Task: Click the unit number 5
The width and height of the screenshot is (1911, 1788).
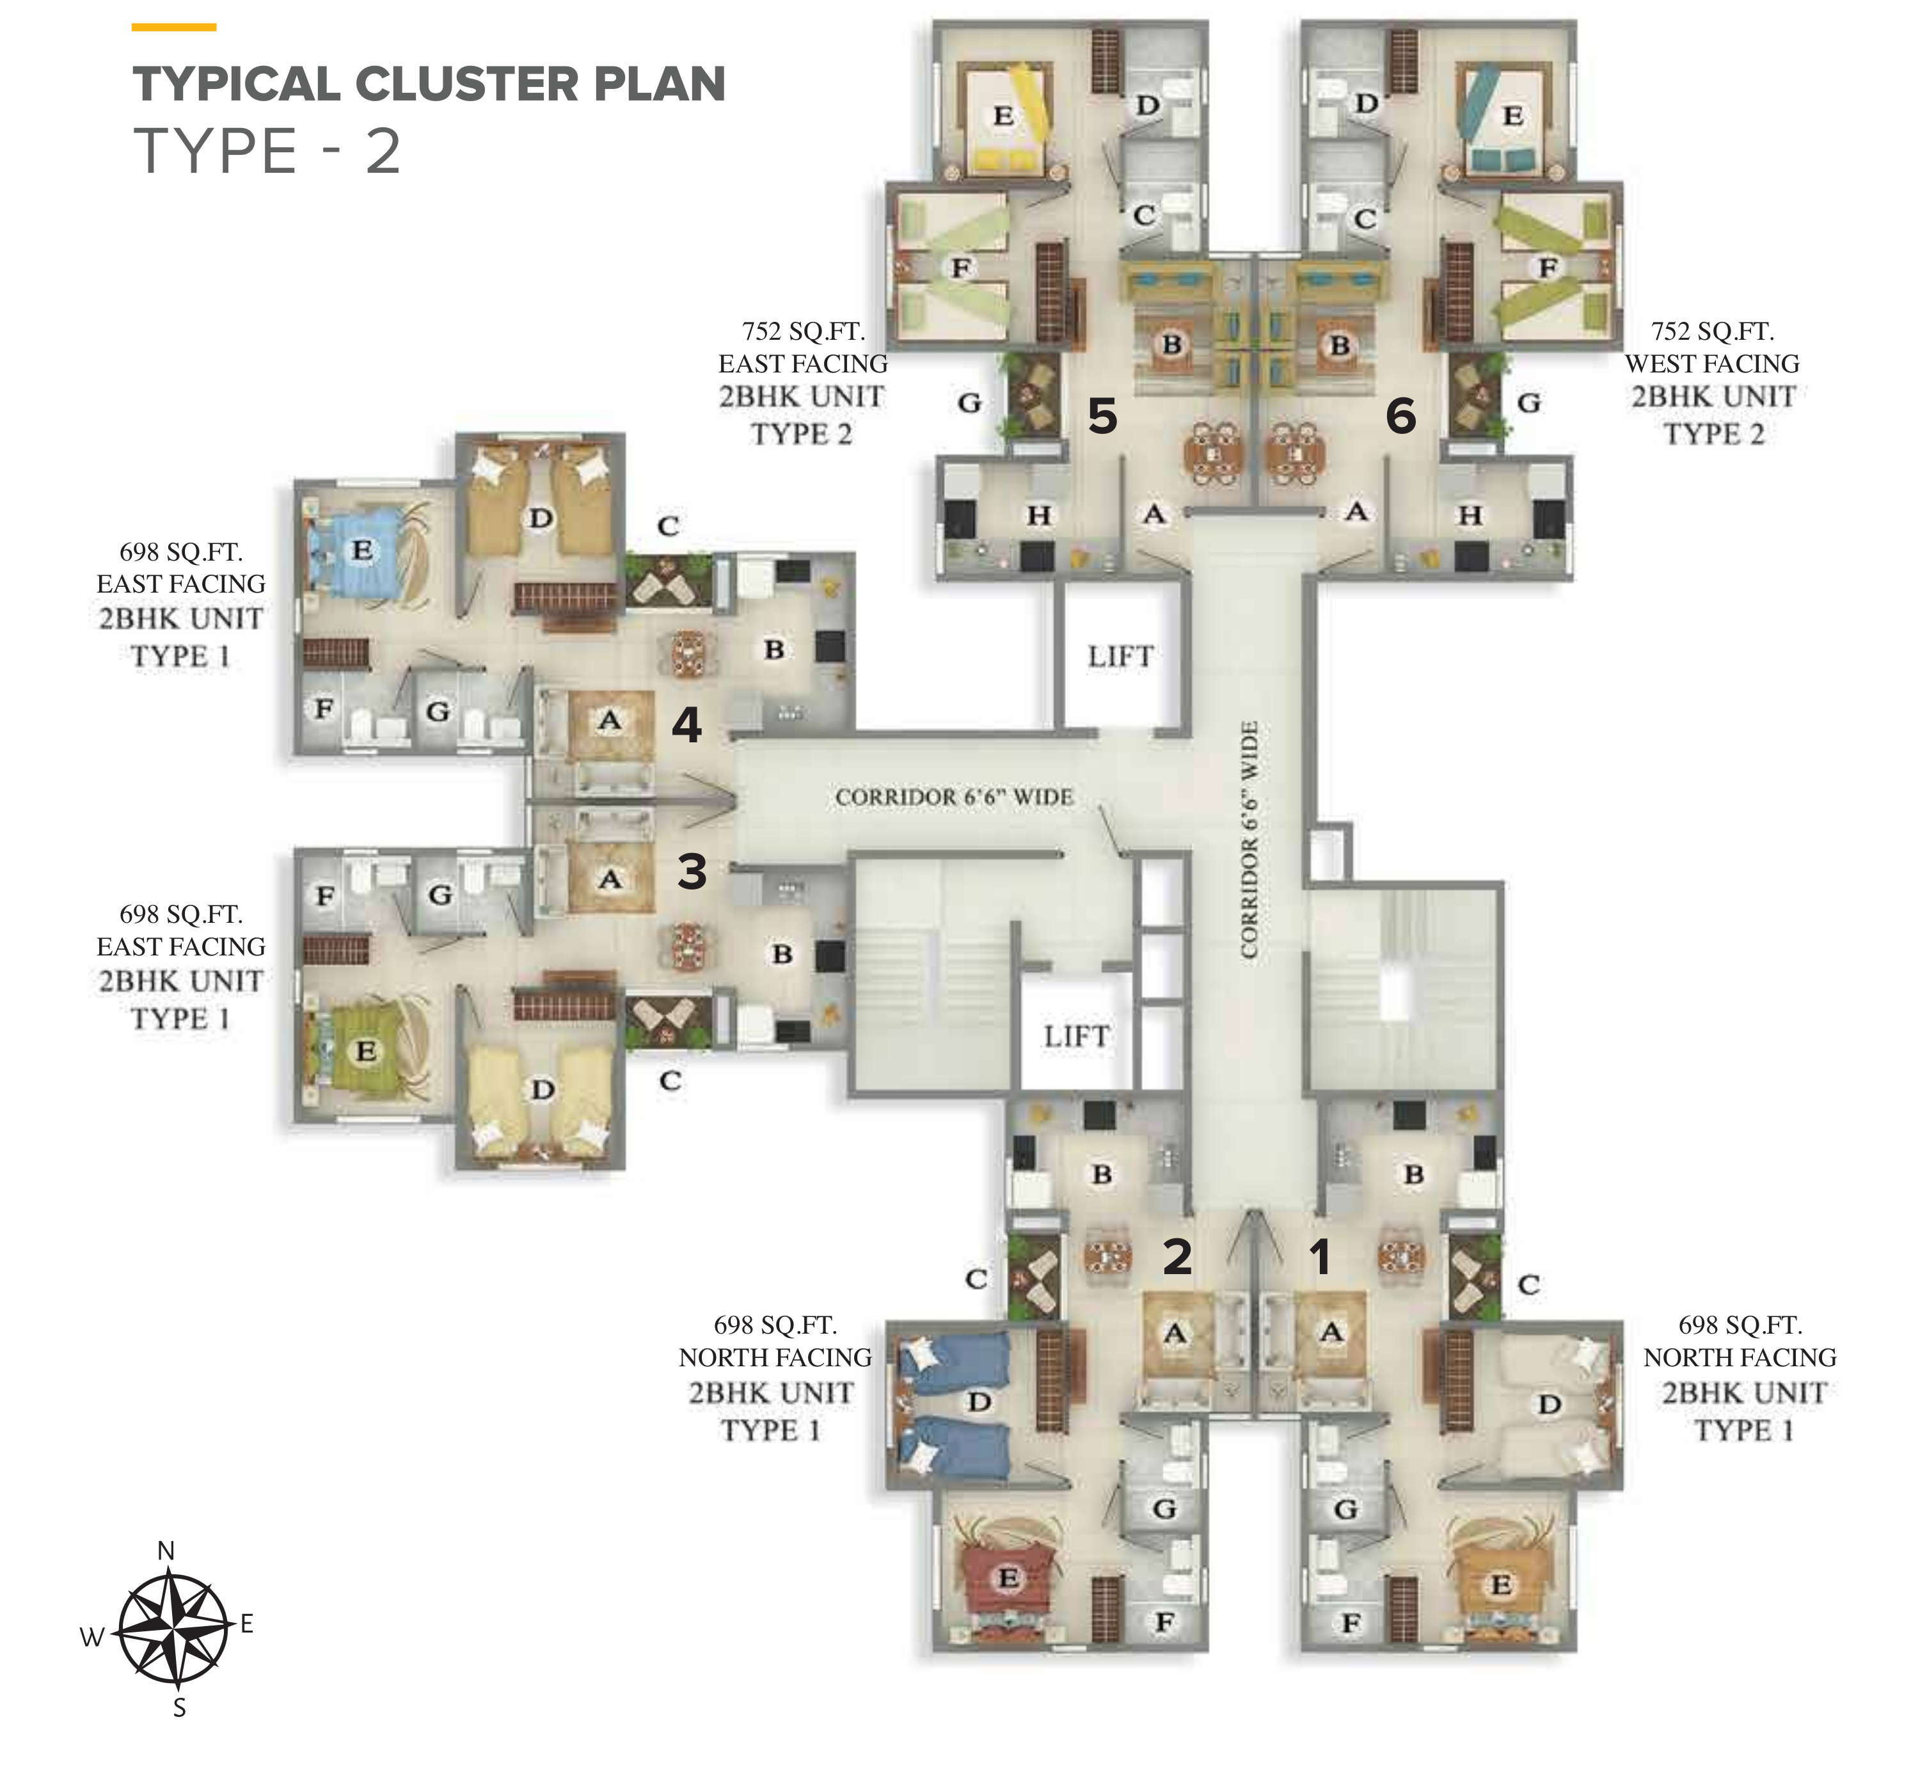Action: (1102, 416)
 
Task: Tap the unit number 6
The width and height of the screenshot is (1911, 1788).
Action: (1400, 416)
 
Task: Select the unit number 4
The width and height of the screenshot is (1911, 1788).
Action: (686, 725)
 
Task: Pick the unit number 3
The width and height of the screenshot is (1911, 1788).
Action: (692, 872)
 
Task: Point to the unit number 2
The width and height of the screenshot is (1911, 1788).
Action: (1178, 1256)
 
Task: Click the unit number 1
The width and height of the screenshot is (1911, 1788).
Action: (1320, 1256)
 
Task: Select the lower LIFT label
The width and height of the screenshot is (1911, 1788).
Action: (1077, 1036)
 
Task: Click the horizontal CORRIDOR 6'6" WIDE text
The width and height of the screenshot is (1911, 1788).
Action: (955, 797)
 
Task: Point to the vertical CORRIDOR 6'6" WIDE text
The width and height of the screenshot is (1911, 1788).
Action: (1249, 839)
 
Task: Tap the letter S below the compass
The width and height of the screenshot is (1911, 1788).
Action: (178, 1708)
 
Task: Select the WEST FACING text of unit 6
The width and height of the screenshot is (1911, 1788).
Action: (1712, 364)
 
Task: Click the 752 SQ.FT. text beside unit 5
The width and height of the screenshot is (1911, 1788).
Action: (804, 331)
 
